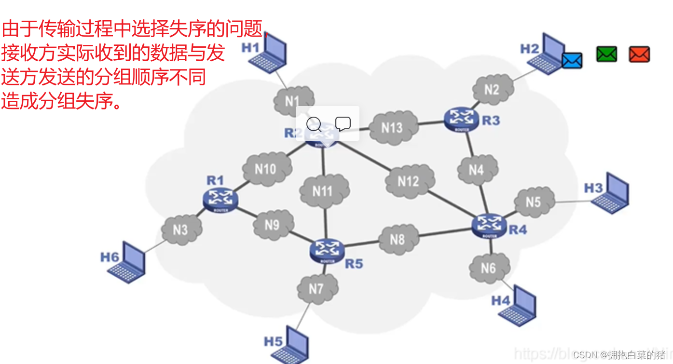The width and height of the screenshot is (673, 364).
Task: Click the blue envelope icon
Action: (x=572, y=60)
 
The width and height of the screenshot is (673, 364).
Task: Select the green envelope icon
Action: (x=606, y=54)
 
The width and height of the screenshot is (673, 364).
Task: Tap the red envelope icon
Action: (x=639, y=54)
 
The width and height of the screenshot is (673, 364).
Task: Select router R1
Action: (x=220, y=199)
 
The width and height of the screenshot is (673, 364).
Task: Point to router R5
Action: (x=328, y=251)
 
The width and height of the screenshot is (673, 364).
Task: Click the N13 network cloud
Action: (x=392, y=128)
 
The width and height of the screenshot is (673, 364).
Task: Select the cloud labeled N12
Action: (x=409, y=181)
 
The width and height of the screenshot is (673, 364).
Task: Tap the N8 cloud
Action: (x=398, y=239)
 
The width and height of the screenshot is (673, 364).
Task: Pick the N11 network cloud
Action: (x=323, y=191)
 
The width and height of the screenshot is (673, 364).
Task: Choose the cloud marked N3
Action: (x=180, y=230)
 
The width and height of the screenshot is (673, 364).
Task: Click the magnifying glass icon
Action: (x=314, y=124)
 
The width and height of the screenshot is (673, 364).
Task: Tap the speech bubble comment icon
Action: (x=343, y=124)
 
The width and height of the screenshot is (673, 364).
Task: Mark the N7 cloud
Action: (x=316, y=289)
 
